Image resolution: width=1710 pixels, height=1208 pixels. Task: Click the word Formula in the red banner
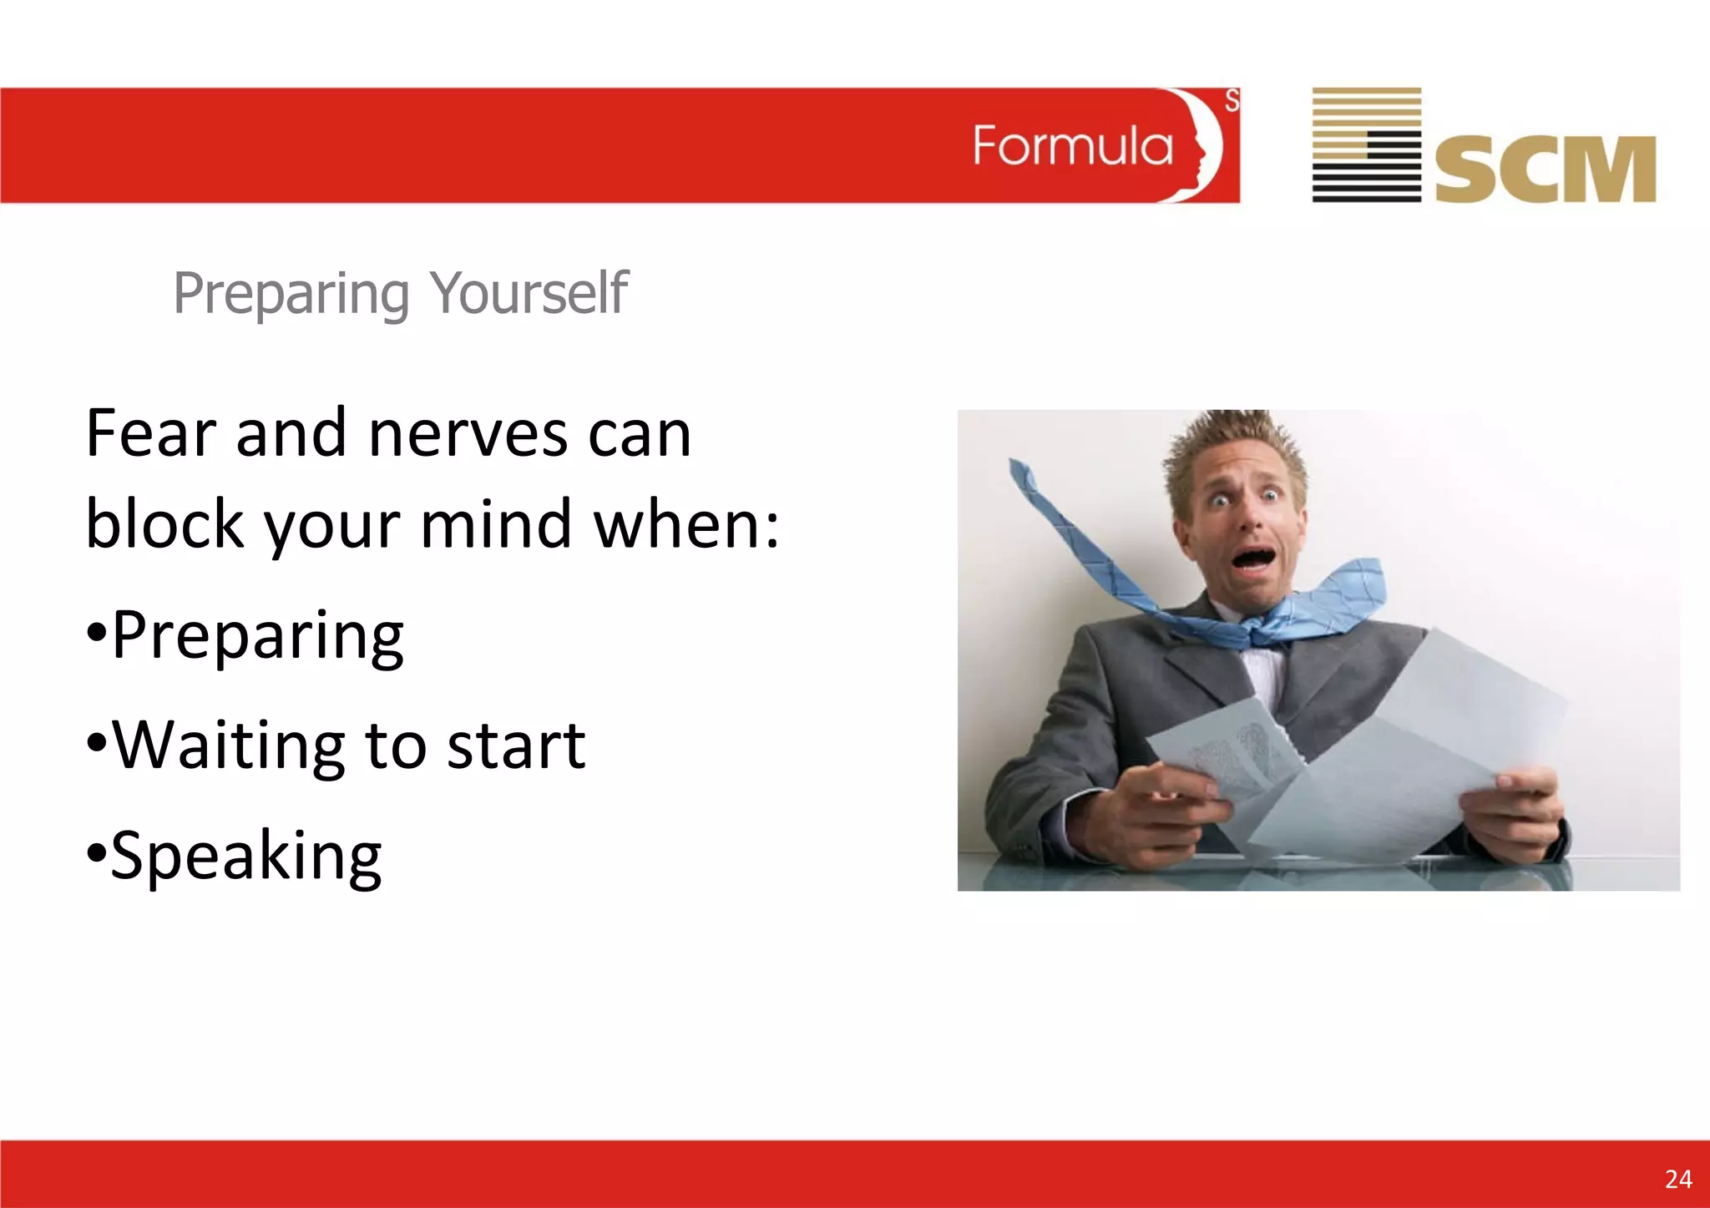pos(1072,147)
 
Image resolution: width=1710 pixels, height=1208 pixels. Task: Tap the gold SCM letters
pos(1545,169)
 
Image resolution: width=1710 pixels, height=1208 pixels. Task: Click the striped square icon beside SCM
pos(1366,144)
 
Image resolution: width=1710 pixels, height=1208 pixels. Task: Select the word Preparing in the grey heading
pos(291,294)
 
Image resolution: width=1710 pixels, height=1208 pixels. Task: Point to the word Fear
pos(150,434)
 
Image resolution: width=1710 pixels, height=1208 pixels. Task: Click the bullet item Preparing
pos(256,636)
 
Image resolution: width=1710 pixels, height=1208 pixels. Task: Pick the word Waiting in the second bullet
pos(228,746)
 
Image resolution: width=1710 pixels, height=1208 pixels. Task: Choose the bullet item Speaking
pos(245,856)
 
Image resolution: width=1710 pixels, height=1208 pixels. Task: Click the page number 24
pos(1677,1179)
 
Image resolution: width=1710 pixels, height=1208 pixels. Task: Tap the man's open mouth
pos(1254,558)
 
